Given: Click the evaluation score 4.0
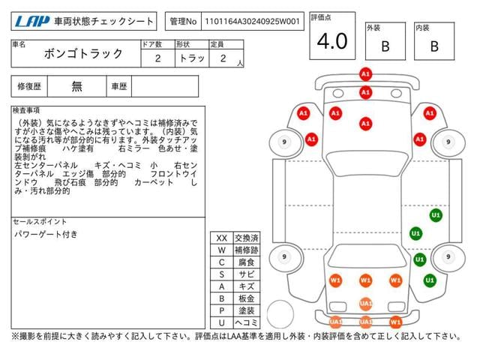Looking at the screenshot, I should pos(332,42).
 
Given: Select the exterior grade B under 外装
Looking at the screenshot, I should pos(385,46).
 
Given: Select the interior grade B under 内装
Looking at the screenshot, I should pos(433,46).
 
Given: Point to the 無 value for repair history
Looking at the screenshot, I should pos(77,86).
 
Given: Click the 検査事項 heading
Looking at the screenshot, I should pos(26,110).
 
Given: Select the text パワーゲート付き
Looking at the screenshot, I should pos(46,235).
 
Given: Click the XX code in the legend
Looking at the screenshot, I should pos(221,238).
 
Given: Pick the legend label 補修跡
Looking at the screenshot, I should pos(245,250).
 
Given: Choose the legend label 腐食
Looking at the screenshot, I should pos(245,262).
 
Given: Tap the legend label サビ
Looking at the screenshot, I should pos(245,274).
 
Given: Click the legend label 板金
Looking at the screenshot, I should pos(245,298).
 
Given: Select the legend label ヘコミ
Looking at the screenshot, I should pos(245,322).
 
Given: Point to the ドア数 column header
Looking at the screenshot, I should pos(151,44).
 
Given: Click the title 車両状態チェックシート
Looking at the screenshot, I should pos(104,22).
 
